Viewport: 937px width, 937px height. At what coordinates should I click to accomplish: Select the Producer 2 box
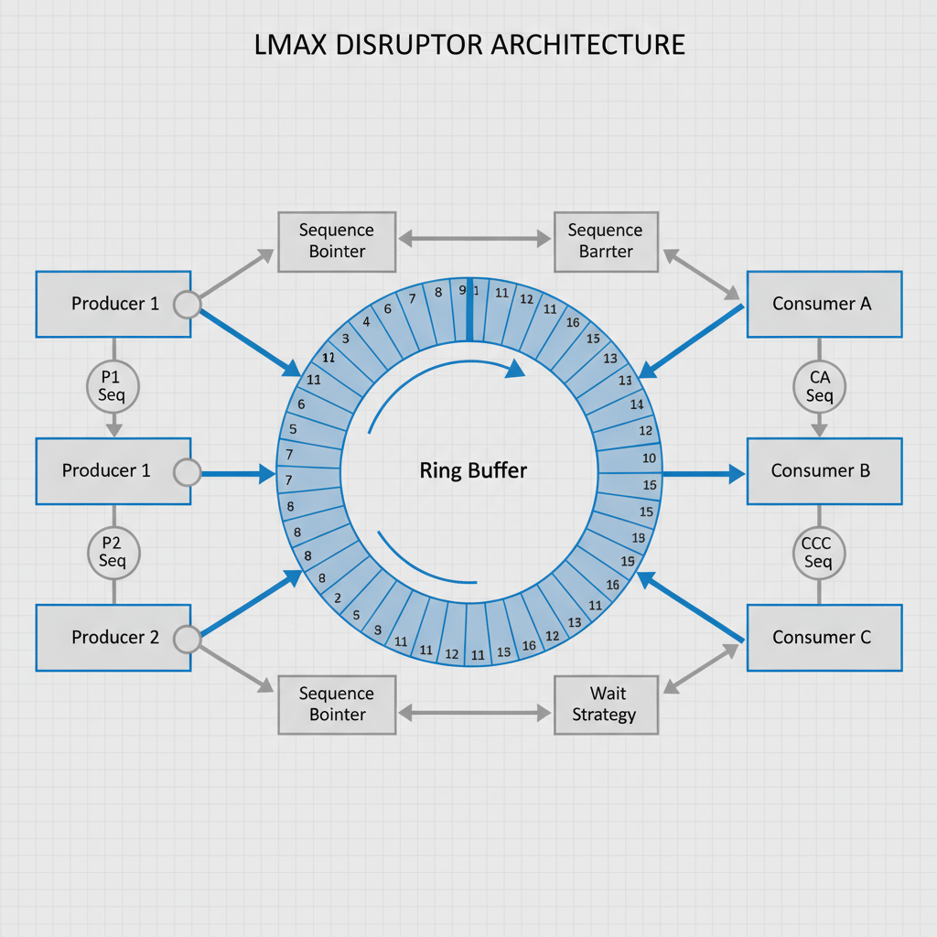point(113,637)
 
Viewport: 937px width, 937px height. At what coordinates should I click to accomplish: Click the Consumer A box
point(824,304)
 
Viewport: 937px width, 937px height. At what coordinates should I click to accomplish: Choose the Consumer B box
point(824,470)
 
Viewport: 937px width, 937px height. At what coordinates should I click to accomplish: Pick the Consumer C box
point(824,637)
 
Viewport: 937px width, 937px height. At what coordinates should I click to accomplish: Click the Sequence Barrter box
point(606,241)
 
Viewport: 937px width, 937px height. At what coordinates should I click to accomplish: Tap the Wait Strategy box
point(606,704)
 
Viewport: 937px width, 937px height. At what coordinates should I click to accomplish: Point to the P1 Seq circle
point(113,386)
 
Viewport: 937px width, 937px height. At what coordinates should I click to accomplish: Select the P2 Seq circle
point(113,553)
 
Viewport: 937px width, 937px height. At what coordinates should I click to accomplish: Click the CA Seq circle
point(819,386)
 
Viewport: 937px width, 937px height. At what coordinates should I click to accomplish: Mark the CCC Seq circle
point(817,553)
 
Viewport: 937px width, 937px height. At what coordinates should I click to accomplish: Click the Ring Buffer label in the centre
point(473,471)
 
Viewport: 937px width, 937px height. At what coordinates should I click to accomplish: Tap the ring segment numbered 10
point(637,404)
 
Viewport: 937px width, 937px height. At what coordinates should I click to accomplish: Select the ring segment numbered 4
point(366,321)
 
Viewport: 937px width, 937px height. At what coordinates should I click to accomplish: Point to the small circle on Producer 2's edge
point(187,638)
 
